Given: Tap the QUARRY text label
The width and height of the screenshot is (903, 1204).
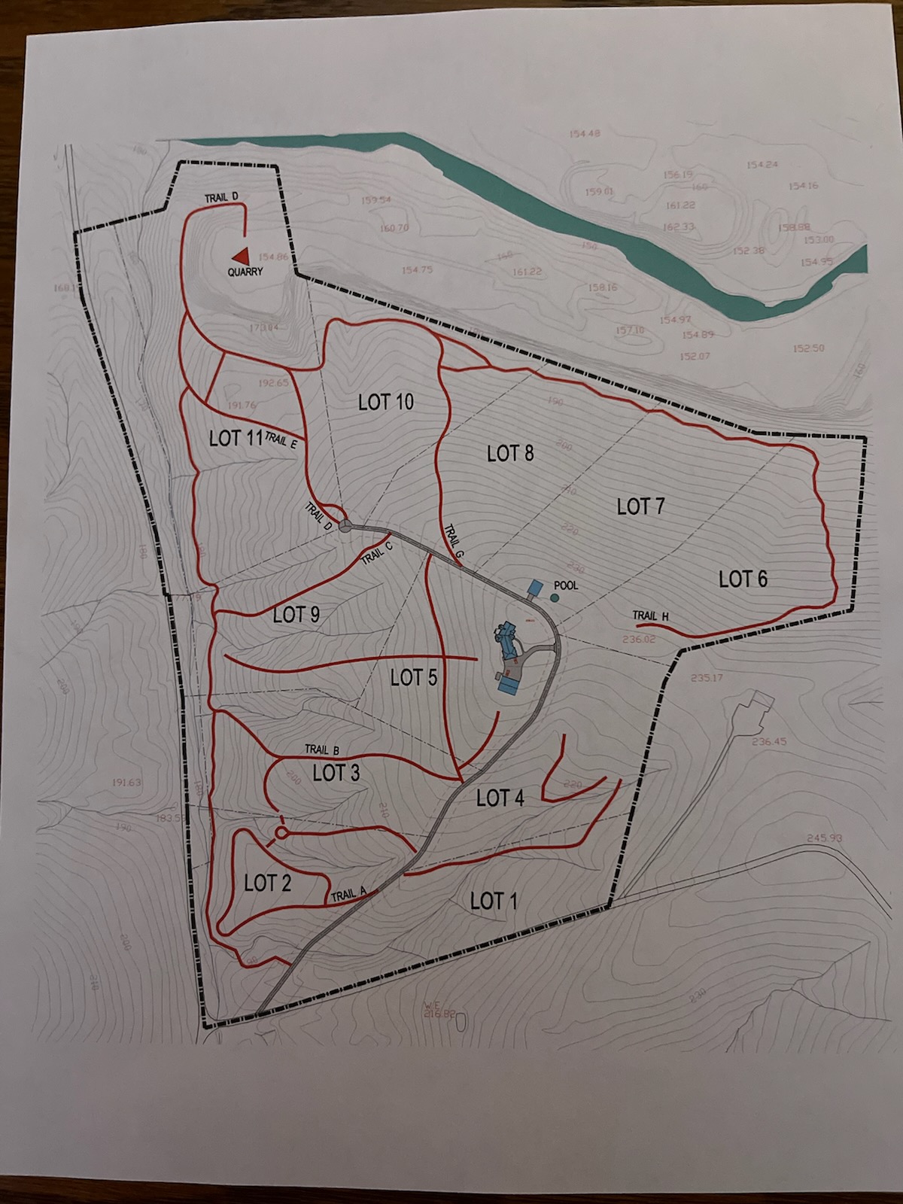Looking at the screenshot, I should [245, 272].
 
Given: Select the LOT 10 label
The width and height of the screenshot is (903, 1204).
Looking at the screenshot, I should [385, 402].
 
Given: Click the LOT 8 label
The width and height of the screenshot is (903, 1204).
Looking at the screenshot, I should [510, 453].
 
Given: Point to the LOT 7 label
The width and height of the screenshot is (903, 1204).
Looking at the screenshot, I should [640, 506].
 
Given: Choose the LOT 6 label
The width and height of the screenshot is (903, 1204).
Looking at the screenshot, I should [743, 579].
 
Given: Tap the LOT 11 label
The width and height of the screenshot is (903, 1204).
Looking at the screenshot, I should [236, 438].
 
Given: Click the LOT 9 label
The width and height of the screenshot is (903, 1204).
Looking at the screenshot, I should [296, 615].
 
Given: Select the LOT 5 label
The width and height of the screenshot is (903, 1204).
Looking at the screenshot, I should [413, 678].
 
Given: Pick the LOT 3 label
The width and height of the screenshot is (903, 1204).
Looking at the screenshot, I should [336, 773].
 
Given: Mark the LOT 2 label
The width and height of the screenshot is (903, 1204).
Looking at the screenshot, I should [267, 883].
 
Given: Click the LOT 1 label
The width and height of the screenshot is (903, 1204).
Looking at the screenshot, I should [493, 901].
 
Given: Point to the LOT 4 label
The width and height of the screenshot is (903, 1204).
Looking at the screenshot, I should [500, 798].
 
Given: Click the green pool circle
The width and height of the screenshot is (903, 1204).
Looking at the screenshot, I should [555, 597].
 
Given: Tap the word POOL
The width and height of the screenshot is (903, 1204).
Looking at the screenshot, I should [566, 585].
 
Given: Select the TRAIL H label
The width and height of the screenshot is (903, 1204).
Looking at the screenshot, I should [651, 616].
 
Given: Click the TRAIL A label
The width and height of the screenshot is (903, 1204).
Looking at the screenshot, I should [348, 895].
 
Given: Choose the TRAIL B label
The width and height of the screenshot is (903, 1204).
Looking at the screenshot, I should [322, 749].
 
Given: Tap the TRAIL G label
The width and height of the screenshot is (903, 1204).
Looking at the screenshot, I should [455, 541].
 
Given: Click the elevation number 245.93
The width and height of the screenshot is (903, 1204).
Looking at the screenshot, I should [824, 838].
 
